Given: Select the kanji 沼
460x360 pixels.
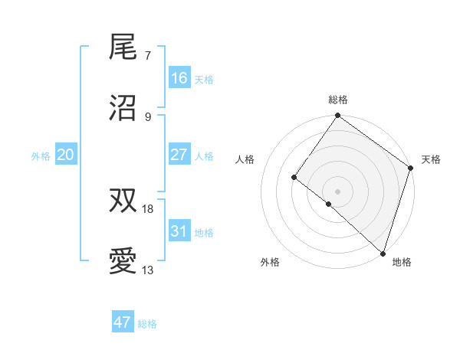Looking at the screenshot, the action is [x=123, y=109].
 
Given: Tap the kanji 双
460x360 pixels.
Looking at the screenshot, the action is [x=123, y=201].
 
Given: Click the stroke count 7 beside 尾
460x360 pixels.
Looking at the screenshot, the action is [x=147, y=55].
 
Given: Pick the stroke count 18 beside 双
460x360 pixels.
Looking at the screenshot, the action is [x=148, y=208].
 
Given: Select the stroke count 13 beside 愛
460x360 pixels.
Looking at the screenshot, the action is [x=148, y=270].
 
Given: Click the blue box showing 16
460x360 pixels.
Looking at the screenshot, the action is [x=179, y=78].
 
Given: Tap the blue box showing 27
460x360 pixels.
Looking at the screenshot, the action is [x=179, y=155].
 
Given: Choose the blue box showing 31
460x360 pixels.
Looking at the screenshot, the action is [x=179, y=231].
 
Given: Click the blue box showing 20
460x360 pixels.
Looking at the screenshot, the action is [x=66, y=155].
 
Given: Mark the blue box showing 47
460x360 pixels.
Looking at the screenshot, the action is [x=123, y=322].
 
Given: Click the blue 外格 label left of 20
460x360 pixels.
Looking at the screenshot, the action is [x=41, y=155].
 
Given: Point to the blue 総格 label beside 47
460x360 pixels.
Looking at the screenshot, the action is [x=147, y=324].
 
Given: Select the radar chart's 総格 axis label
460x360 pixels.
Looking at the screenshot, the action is [x=338, y=100].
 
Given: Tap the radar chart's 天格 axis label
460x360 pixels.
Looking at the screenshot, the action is [x=432, y=159].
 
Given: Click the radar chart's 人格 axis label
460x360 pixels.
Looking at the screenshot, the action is [x=246, y=159].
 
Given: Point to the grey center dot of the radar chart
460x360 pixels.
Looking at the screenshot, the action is [x=337, y=191].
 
